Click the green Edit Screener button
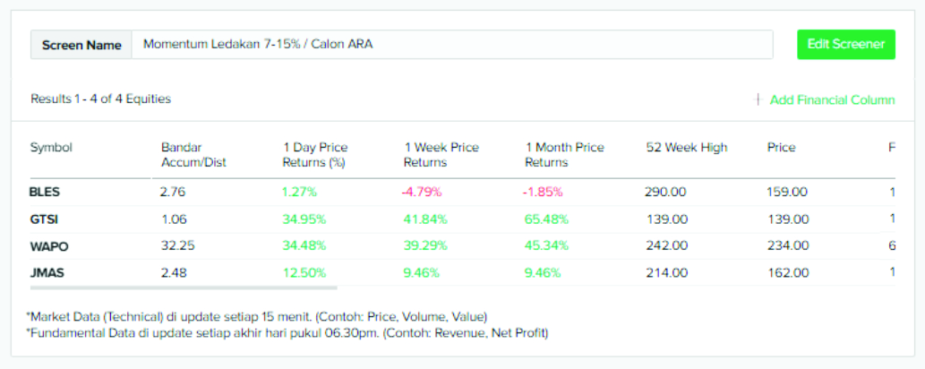[845, 44]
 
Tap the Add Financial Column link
[831, 100]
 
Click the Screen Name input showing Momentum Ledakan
[451, 45]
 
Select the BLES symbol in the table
[45, 192]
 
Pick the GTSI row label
[44, 219]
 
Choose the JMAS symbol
[46, 272]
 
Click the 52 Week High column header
[686, 148]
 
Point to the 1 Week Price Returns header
[441, 155]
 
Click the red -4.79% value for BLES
[423, 192]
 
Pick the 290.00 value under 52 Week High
[665, 192]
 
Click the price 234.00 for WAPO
[787, 245]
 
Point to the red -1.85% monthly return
[543, 192]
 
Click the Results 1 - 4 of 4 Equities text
[100, 99]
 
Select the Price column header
[781, 148]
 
